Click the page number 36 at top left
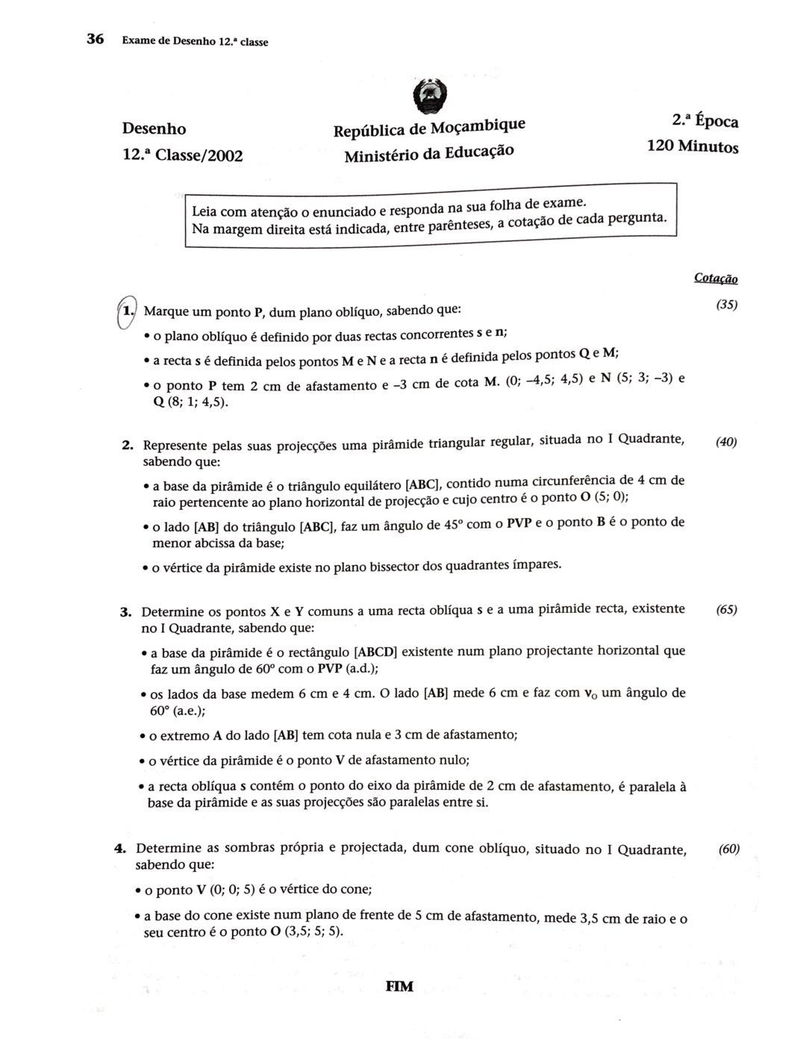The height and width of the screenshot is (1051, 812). pyautogui.click(x=95, y=39)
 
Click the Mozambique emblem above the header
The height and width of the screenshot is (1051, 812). pyautogui.click(x=431, y=96)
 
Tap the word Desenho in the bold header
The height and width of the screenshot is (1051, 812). pyautogui.click(x=154, y=128)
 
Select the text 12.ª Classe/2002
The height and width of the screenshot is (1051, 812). pyautogui.click(x=183, y=155)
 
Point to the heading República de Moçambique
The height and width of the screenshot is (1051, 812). pyautogui.click(x=429, y=127)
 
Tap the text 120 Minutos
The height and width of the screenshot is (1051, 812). pyautogui.click(x=693, y=146)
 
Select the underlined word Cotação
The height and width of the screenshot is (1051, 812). pyautogui.click(x=716, y=278)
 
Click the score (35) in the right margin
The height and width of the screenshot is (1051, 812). pyautogui.click(x=726, y=305)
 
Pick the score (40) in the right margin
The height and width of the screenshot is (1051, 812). pyautogui.click(x=726, y=442)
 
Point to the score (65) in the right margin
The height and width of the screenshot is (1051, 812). pyautogui.click(x=726, y=609)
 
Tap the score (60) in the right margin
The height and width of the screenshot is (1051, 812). pyautogui.click(x=728, y=849)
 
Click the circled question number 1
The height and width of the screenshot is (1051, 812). pyautogui.click(x=128, y=309)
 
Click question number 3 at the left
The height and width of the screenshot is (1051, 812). pyautogui.click(x=126, y=613)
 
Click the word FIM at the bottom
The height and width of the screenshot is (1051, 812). pyautogui.click(x=399, y=987)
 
